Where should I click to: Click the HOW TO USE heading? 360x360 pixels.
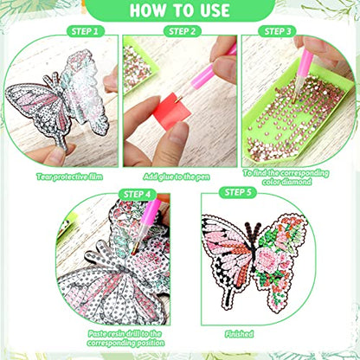(180, 11)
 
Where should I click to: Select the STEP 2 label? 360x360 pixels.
(182, 31)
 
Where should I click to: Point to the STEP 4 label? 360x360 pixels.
(138, 194)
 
